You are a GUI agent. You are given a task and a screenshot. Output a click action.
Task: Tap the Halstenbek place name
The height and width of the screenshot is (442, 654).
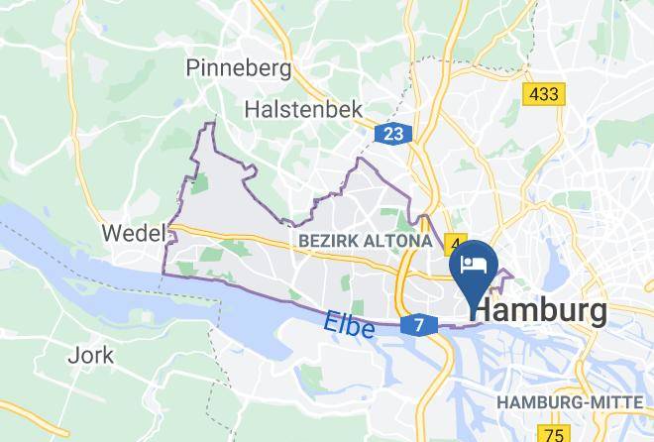[306, 109]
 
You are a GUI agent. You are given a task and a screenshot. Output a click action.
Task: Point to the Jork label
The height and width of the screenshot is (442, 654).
[91, 354]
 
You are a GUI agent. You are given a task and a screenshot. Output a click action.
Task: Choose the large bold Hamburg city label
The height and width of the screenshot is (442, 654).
[540, 312]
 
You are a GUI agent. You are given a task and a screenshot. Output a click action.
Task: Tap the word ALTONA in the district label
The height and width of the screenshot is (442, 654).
[397, 241]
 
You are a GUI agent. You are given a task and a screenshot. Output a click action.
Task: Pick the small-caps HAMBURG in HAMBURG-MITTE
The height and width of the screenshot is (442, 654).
[538, 402]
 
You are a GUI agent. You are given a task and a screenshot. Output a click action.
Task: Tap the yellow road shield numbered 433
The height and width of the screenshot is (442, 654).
[544, 95]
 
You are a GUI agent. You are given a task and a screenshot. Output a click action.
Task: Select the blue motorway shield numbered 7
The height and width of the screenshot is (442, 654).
[418, 325]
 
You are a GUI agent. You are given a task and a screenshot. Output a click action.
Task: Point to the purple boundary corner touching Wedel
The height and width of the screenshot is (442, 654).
[171, 230]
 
